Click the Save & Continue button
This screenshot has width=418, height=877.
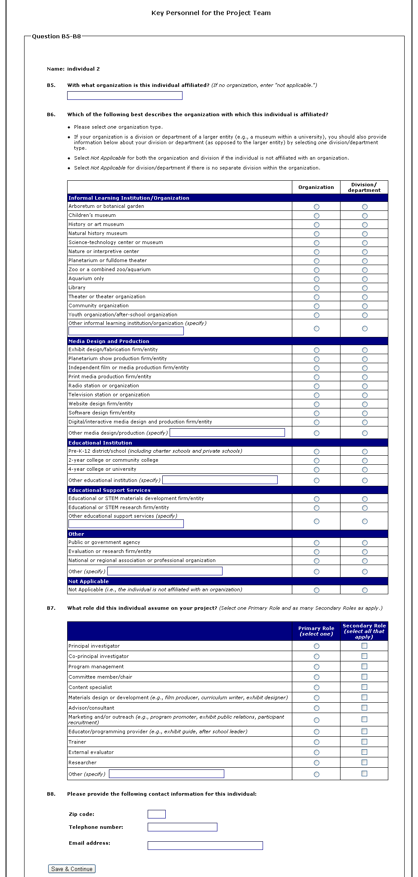coord(72,869)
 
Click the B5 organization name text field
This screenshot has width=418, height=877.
coord(124,96)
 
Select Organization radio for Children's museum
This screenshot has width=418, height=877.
coord(316,216)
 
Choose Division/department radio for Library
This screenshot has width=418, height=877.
coord(365,288)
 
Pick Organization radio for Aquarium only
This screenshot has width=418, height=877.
coord(316,279)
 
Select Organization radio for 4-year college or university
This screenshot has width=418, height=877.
coord(316,469)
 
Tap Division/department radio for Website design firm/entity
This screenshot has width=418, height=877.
coord(365,404)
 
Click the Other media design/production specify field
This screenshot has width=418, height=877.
coord(227,432)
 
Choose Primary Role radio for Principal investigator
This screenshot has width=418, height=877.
coord(316,646)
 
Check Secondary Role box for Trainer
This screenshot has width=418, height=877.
coord(364,741)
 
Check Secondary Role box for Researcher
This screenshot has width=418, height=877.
coord(364,762)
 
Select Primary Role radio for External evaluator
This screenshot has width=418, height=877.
coord(316,752)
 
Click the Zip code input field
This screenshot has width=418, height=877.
coord(156,814)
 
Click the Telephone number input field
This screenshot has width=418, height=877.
coord(182,827)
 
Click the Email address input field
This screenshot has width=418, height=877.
coord(205,846)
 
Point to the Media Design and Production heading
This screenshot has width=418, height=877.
coord(109,341)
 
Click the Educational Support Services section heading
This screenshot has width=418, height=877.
coord(109,490)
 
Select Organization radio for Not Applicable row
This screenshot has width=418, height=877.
coord(316,590)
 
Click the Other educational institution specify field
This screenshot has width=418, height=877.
coord(220,480)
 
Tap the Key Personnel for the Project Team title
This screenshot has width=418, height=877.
coord(211,13)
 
